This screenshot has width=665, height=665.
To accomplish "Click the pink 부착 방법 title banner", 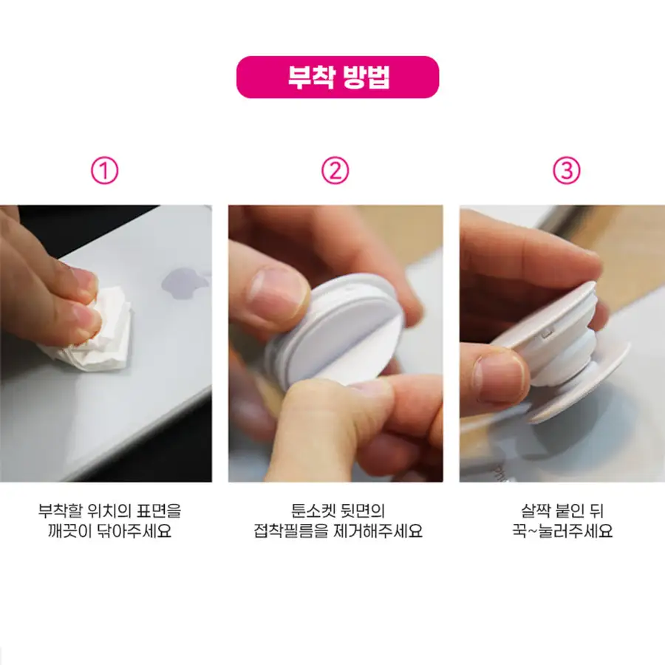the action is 338,77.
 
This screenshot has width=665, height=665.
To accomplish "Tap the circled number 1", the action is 104,171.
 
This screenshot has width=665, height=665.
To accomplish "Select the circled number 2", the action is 335,171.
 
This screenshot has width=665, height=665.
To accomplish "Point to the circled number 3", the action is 567,171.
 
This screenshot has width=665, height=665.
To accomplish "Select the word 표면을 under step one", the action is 159,511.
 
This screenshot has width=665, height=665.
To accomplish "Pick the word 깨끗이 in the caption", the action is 69,531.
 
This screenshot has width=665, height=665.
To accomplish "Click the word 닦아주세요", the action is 134,531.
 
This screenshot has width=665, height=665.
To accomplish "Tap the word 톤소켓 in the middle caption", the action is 313,511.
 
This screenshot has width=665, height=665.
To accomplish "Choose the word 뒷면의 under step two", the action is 363,511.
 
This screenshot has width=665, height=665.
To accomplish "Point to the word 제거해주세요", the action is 378,531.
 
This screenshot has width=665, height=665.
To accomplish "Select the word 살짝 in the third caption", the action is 535,511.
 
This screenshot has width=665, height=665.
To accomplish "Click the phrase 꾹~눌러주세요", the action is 562,531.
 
